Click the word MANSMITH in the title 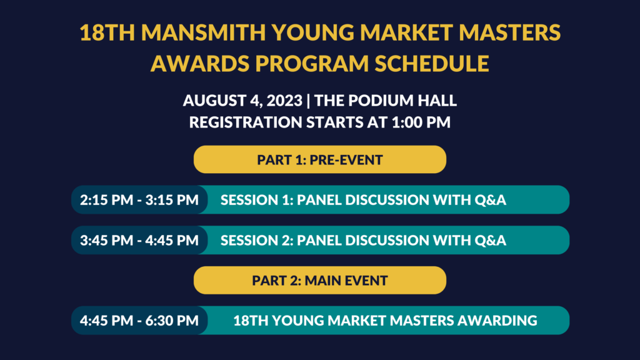point(203,32)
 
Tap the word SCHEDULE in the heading point(432,63)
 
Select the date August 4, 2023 point(242,101)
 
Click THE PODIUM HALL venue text point(385,101)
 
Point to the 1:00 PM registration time point(421,122)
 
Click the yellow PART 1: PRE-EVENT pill point(320,159)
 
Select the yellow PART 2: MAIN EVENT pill point(320,281)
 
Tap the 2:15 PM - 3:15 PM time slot point(139,199)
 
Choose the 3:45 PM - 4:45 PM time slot point(139,240)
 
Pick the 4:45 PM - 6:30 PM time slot point(139,321)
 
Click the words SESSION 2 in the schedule point(256,240)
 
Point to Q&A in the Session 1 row point(490,200)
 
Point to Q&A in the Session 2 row point(490,241)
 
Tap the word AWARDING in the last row point(497,321)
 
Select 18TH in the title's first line point(107,32)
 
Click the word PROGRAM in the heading point(312,63)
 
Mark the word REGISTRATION point(246,122)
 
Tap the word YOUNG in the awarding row point(297,321)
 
